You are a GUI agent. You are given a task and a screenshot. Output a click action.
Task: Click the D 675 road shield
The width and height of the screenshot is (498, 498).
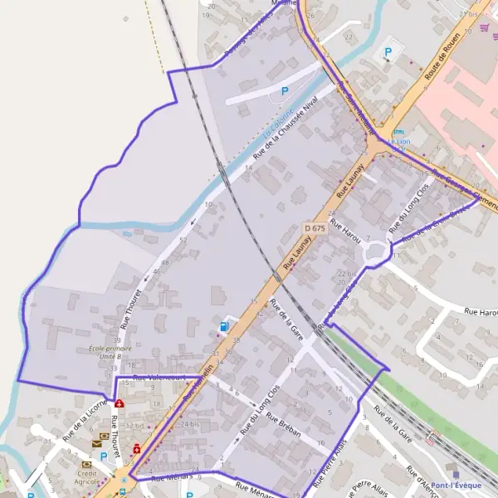coord(313,227)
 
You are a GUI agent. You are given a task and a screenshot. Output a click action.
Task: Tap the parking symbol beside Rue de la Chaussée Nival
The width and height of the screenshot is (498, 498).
coord(285,91)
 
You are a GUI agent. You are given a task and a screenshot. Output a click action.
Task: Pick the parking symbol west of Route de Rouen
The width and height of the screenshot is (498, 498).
coord(387,53)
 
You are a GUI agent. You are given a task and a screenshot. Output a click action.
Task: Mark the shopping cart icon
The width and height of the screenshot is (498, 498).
coord(484,27)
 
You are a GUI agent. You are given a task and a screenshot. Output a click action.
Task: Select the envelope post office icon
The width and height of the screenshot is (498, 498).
coord(96,444)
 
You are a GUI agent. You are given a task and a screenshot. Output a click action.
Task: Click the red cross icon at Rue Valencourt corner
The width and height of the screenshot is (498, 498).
coord(120,403)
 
